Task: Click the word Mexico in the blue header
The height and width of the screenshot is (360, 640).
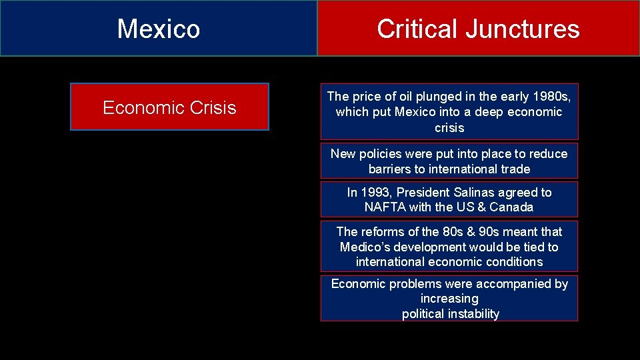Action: [159, 29]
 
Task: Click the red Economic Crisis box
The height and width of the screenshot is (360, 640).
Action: [169, 107]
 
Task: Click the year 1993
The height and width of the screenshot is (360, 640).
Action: [376, 193]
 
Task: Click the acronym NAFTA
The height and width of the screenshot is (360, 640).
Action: [385, 207]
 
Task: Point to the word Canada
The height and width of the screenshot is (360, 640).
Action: [511, 207]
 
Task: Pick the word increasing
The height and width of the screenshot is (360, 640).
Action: [449, 299]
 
